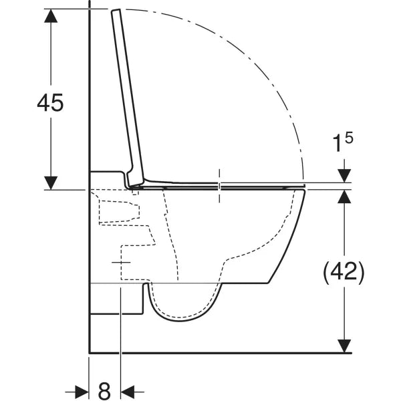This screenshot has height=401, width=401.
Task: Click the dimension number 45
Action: point(50,102)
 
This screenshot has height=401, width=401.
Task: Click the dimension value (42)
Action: point(344,273)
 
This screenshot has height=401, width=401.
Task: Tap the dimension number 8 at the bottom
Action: point(104,391)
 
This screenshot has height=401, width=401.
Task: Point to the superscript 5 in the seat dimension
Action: point(349,138)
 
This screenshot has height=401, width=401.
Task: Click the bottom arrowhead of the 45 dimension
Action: point(51,182)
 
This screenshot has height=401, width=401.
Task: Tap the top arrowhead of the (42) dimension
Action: point(344,196)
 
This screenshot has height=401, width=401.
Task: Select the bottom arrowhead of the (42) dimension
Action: point(344,346)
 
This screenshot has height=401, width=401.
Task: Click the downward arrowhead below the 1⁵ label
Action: point(344,176)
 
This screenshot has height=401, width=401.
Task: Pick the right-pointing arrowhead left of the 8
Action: point(82,392)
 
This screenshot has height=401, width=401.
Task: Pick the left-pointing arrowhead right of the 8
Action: point(128,392)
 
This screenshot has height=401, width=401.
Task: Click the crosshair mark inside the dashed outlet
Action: point(121,263)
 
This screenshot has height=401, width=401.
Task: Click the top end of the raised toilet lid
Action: point(116,11)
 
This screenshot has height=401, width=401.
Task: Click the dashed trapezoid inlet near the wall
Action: point(119,211)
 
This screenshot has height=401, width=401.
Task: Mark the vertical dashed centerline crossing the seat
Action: point(219,186)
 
